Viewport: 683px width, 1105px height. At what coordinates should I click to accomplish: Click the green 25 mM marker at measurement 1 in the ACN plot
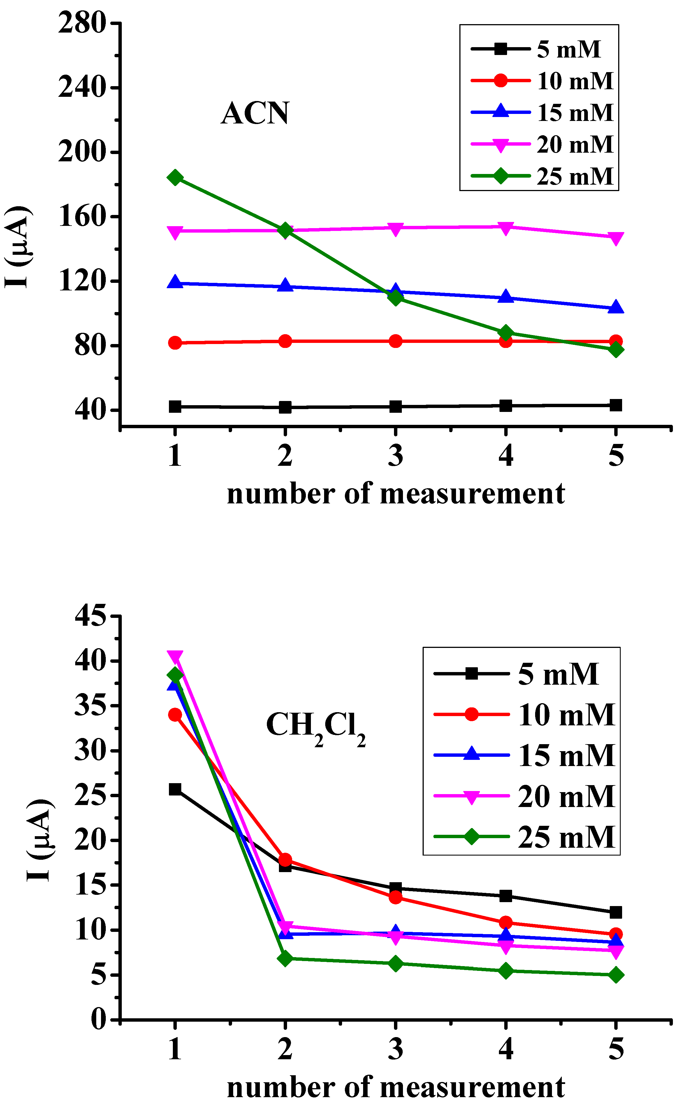pyautogui.click(x=175, y=177)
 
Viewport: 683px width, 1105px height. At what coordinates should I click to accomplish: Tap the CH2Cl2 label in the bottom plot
pyautogui.click(x=315, y=726)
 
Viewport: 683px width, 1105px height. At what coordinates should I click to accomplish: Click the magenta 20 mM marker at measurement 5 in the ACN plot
pyautogui.click(x=616, y=238)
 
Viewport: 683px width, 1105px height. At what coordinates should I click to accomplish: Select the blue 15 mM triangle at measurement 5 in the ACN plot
pyautogui.click(x=616, y=308)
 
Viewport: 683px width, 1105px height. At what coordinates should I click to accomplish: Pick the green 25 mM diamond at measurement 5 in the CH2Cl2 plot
pyautogui.click(x=616, y=975)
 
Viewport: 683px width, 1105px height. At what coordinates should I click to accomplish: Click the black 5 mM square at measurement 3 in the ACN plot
pyautogui.click(x=395, y=406)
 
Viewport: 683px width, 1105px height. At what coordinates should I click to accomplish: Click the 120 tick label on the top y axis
pyautogui.click(x=82, y=281)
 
